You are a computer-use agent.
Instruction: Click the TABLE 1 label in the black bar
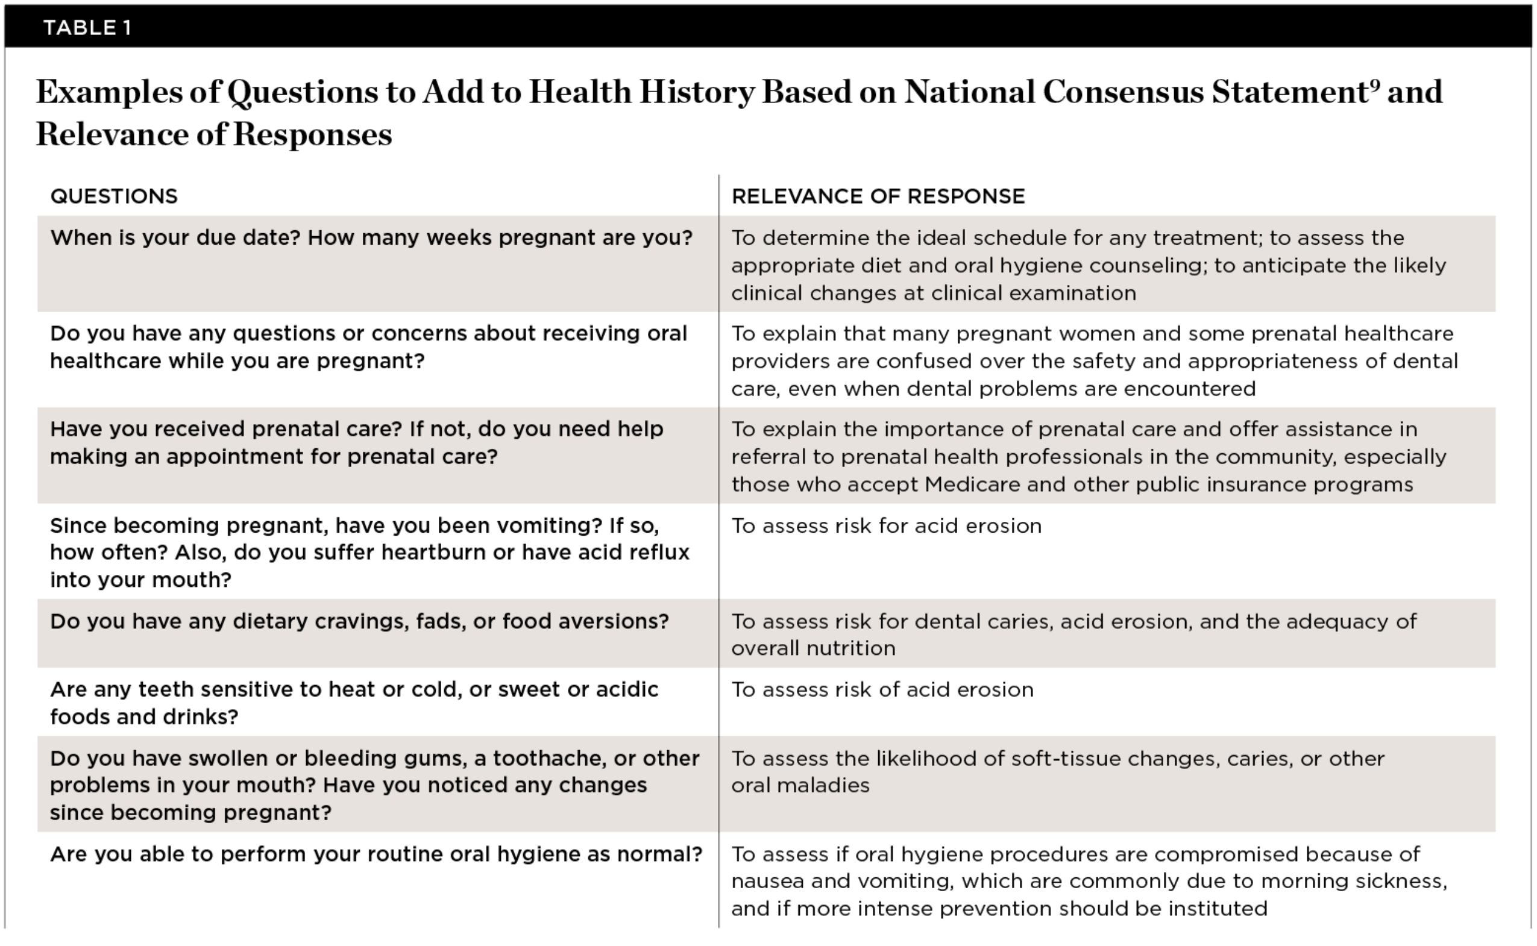[87, 28]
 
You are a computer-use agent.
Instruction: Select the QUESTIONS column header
[114, 196]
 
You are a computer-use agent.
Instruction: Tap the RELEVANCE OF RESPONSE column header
[878, 196]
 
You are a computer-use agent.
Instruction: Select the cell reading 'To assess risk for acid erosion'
[886, 526]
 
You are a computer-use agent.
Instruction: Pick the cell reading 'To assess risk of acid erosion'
[882, 690]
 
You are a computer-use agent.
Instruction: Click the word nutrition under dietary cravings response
[847, 649]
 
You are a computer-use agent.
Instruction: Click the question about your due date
[371, 239]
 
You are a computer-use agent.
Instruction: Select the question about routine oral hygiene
[376, 854]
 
